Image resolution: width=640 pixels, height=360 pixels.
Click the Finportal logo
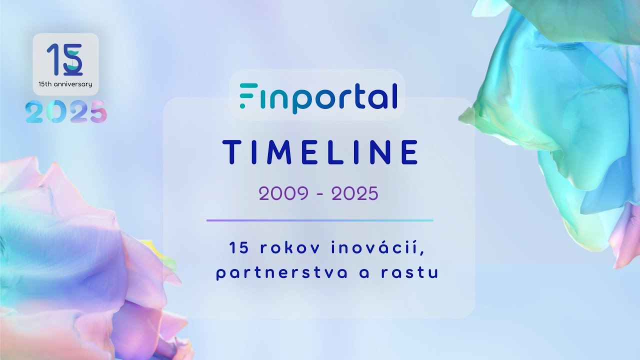318,96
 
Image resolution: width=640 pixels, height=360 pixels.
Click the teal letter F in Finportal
245,96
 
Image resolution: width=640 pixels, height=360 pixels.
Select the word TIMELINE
320,152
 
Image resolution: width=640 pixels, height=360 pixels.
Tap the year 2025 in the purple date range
354,193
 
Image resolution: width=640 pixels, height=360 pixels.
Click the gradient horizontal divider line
320,220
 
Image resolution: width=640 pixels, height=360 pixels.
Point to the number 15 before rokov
236,247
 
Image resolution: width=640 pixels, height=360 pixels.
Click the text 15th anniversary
65,84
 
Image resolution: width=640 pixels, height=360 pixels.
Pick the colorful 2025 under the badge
66,111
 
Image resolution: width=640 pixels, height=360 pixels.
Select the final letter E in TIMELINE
409,152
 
